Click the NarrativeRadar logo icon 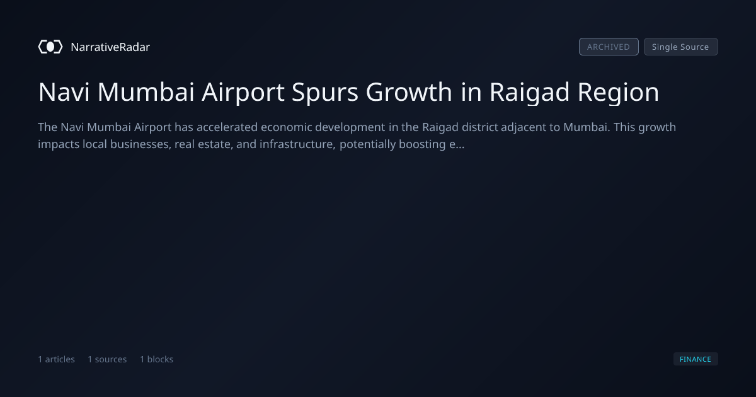[x=50, y=47]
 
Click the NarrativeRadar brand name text [x=110, y=47]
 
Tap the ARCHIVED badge [x=609, y=47]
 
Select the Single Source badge [x=681, y=47]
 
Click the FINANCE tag [x=696, y=359]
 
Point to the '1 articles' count [x=56, y=359]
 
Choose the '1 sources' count [x=107, y=359]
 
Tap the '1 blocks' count [x=157, y=359]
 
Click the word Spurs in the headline [x=324, y=93]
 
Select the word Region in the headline [x=618, y=93]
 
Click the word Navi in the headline [x=64, y=92]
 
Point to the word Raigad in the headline [x=529, y=93]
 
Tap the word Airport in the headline [x=243, y=93]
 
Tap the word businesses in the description [x=140, y=144]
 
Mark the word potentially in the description [x=367, y=145]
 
